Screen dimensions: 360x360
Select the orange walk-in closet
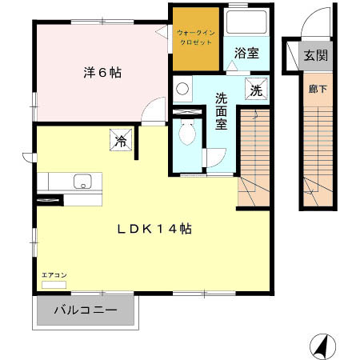tap(194, 38)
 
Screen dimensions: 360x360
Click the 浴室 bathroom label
tap(246, 54)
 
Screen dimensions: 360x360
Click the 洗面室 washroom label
tap(221, 111)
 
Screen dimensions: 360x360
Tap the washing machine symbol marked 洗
tap(255, 90)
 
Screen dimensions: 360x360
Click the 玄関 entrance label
tap(316, 56)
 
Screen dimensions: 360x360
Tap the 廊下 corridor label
tap(317, 89)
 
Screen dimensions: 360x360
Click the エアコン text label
tap(54, 275)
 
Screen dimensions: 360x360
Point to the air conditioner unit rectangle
tap(54, 284)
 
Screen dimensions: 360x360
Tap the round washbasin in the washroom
tap(182, 89)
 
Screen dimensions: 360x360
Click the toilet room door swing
tap(215, 158)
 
